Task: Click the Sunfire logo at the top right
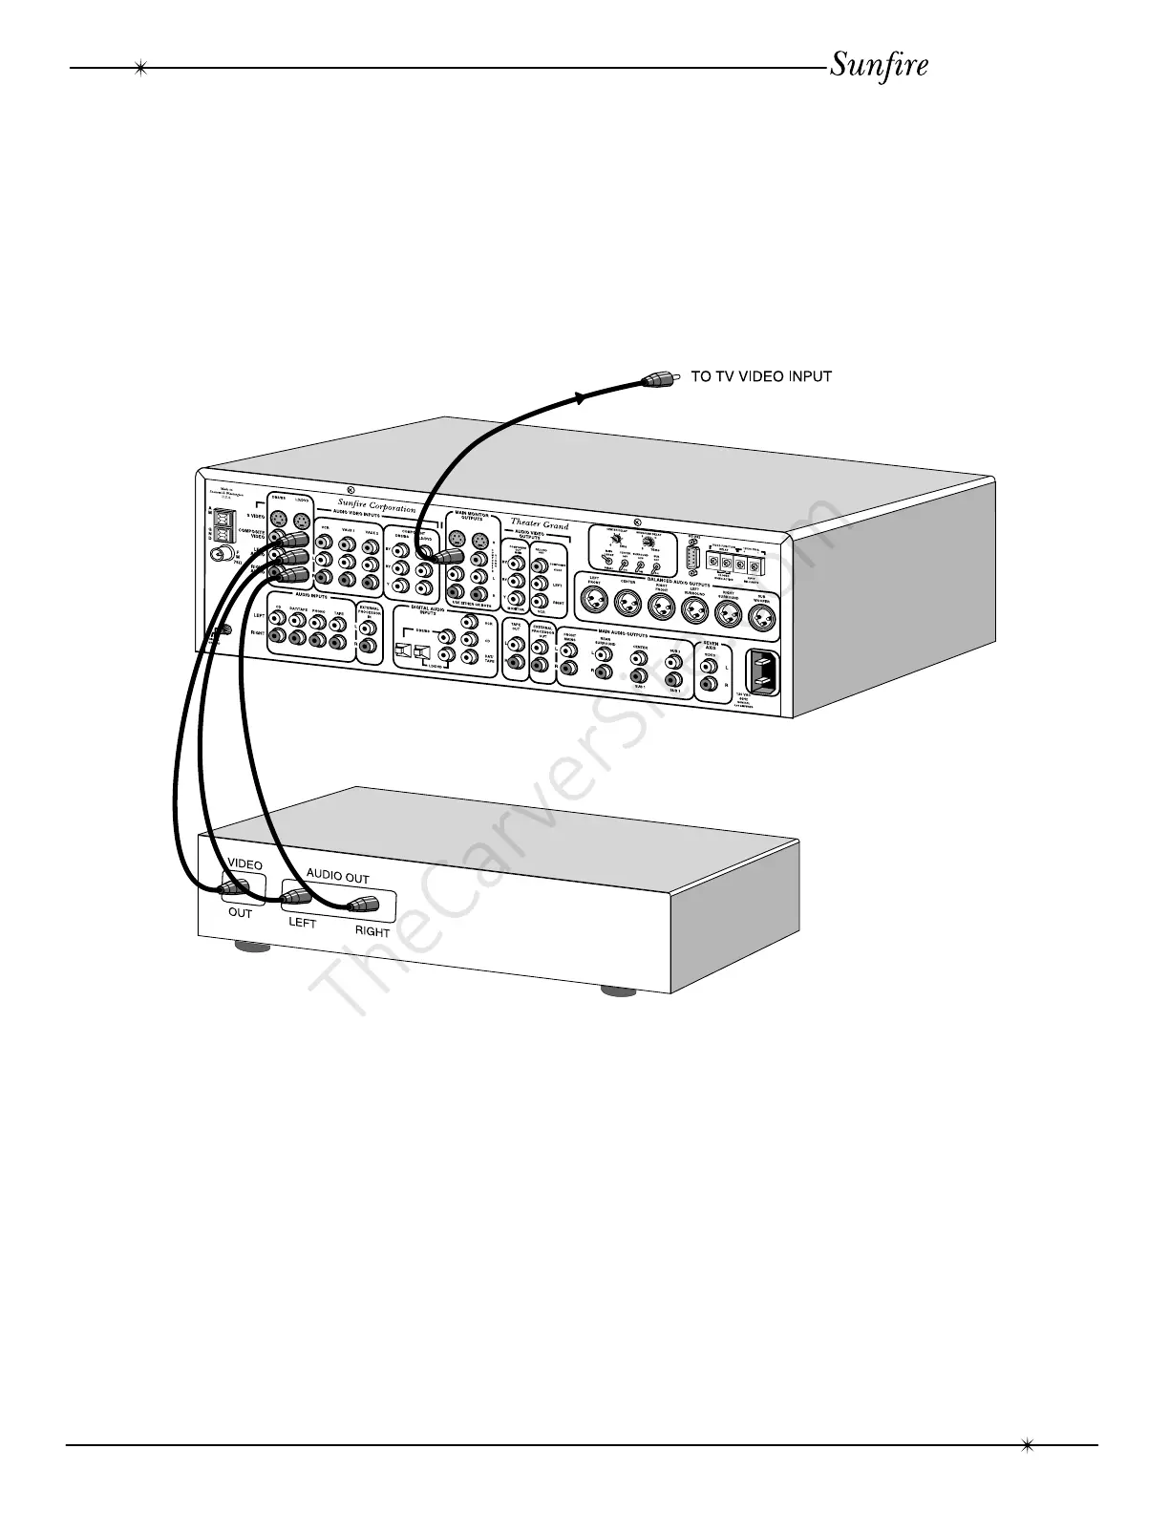tap(879, 66)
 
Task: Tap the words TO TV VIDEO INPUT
tap(761, 376)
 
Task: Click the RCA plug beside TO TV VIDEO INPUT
tap(660, 378)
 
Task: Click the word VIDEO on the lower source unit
tap(244, 864)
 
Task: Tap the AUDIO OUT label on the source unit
tap(337, 877)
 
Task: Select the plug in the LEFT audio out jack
tap(297, 898)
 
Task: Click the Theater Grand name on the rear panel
tap(540, 524)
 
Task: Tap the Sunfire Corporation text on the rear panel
tap(376, 507)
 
